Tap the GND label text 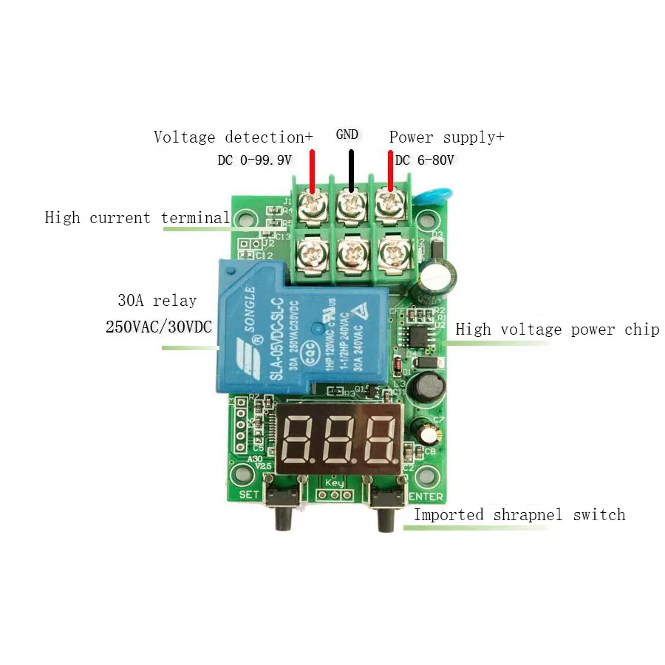pos(347,134)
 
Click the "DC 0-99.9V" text pos(255,160)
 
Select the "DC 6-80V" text pos(424,160)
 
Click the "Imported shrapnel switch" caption pos(519,515)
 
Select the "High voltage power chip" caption pos(557,330)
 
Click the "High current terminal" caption pos(137,218)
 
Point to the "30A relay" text pos(157,301)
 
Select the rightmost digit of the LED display pos(381,437)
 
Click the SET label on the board pos(249,494)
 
